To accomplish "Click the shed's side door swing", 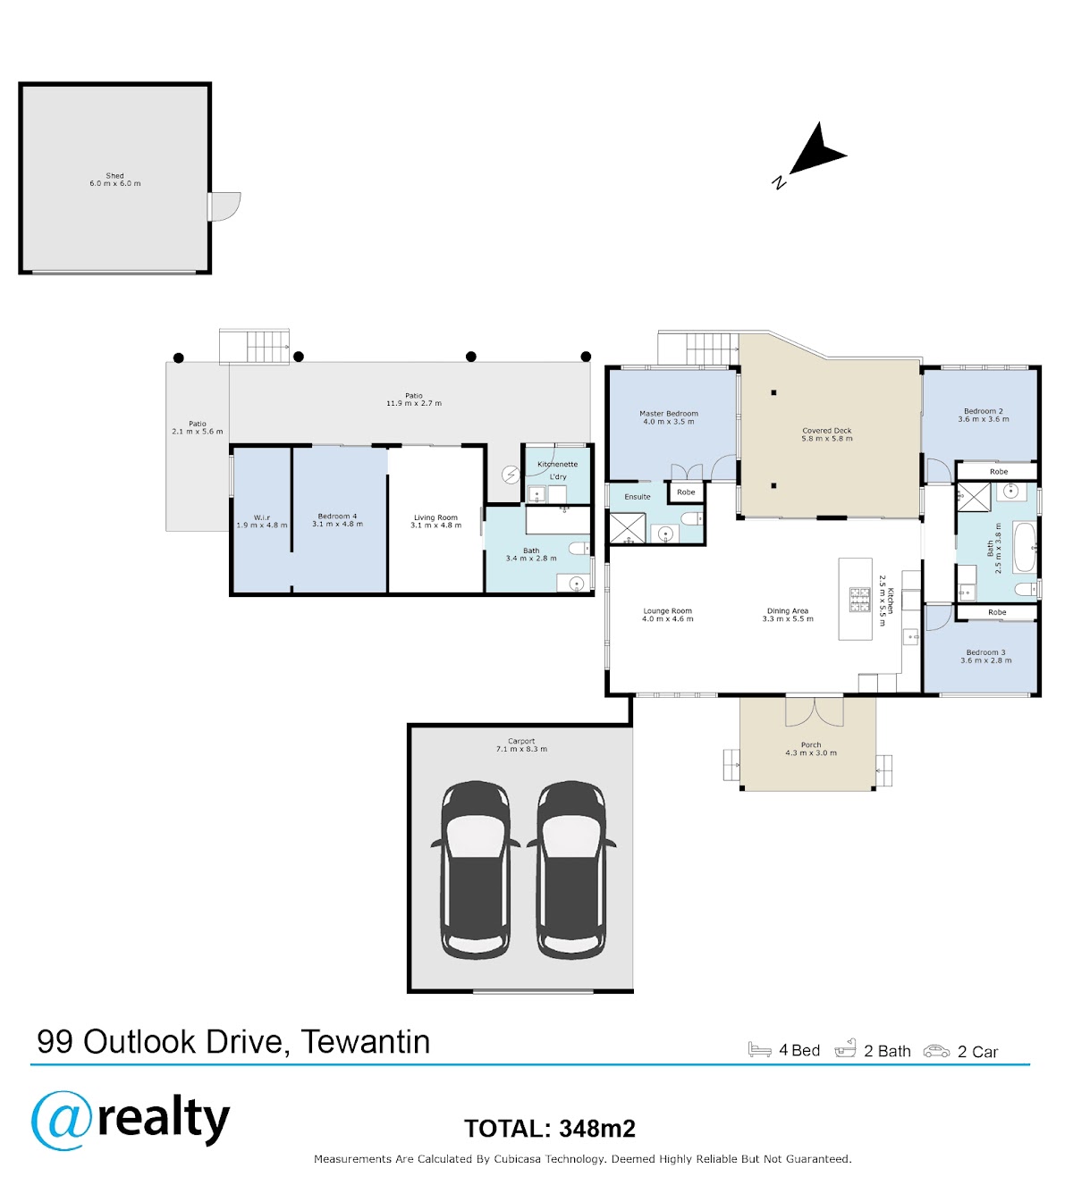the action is click(225, 206).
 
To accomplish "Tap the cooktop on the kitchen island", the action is click(859, 600).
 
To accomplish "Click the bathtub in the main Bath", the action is click(1025, 547).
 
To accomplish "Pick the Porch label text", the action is click(810, 744).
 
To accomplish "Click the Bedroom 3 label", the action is click(985, 652).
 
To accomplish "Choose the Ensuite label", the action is click(638, 497).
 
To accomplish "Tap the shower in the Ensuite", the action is click(628, 528).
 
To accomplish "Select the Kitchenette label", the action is click(557, 464).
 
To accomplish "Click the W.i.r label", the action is click(262, 517).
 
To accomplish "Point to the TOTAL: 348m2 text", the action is click(550, 1129).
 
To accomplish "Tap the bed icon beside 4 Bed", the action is click(759, 1049).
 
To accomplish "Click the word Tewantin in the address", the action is click(365, 1041).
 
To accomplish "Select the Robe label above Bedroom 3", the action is click(997, 611).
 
